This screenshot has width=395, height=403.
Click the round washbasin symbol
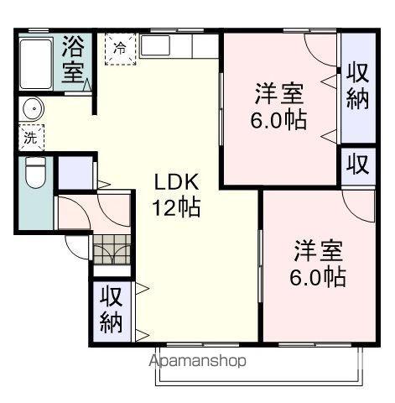click(x=33, y=109)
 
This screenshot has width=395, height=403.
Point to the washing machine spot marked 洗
click(x=29, y=134)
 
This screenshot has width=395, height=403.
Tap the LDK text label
click(x=177, y=181)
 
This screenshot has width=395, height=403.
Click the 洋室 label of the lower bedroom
click(x=319, y=251)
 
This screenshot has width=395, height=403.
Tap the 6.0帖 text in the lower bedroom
click(x=319, y=276)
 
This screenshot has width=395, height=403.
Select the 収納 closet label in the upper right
click(x=357, y=86)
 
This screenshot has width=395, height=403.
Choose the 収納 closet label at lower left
click(x=112, y=310)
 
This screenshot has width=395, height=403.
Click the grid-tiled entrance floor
click(x=112, y=251)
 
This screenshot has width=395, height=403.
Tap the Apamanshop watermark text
click(x=198, y=362)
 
